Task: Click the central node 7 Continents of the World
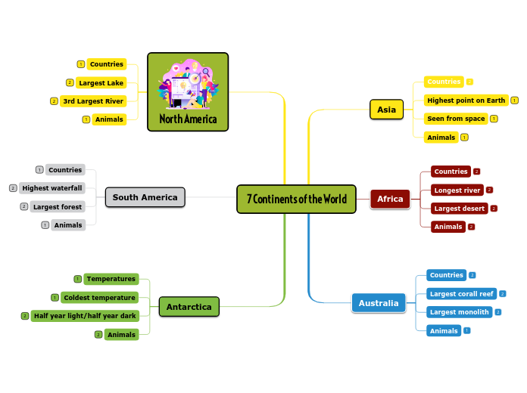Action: click(296, 200)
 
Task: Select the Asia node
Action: click(386, 110)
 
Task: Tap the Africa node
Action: click(390, 199)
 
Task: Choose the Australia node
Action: click(378, 303)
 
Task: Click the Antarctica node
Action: click(189, 307)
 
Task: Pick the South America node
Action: click(145, 197)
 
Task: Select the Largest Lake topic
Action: click(101, 82)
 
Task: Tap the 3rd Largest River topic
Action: click(93, 101)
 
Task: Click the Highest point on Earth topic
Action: click(466, 100)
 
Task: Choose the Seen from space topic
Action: click(456, 119)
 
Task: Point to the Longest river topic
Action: click(457, 190)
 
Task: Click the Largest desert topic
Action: click(459, 208)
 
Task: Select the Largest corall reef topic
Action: click(460, 293)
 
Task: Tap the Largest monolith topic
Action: click(459, 312)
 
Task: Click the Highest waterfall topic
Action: click(52, 188)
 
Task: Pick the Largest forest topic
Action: click(58, 206)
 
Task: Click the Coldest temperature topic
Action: click(99, 298)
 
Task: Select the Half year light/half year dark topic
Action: click(85, 316)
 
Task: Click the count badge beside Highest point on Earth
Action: click(515, 100)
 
